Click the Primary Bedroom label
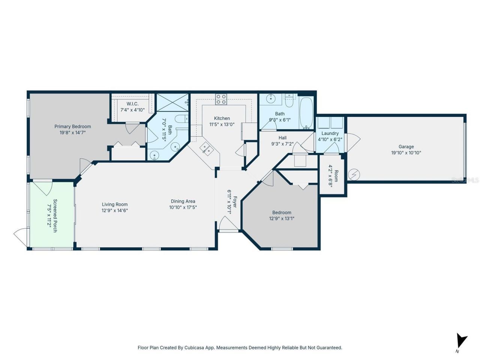click(x=72, y=126)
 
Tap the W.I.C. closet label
click(x=132, y=104)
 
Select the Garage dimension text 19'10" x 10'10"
click(x=406, y=153)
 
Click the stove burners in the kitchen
click(x=221, y=99)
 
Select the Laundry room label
click(x=330, y=133)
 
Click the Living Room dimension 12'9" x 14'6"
click(x=115, y=210)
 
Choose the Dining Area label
click(x=183, y=201)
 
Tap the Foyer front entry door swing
click(x=228, y=225)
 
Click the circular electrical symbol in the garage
click(x=354, y=175)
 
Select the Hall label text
click(x=282, y=138)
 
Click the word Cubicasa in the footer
click(x=194, y=348)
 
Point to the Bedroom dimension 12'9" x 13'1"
click(x=282, y=218)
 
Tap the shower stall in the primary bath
click(x=172, y=102)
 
